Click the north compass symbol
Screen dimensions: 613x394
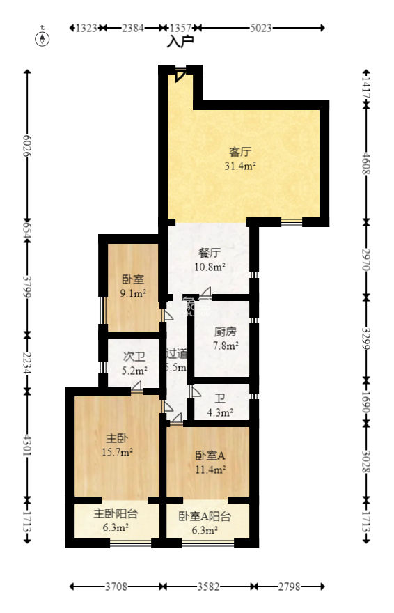[43, 38]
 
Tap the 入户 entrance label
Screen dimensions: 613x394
[180, 42]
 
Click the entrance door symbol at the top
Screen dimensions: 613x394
[181, 73]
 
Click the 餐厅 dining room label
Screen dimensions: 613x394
[210, 253]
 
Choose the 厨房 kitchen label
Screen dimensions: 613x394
[226, 332]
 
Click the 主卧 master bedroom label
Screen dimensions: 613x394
[116, 438]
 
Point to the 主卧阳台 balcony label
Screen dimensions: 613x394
[116, 514]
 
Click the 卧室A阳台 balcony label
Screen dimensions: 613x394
[205, 517]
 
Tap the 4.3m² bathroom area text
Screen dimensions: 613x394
[220, 412]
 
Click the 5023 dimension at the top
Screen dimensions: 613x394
[260, 28]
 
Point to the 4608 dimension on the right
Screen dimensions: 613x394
[367, 164]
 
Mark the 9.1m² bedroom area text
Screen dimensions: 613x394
[132, 293]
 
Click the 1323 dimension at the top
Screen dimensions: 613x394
[86, 28]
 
